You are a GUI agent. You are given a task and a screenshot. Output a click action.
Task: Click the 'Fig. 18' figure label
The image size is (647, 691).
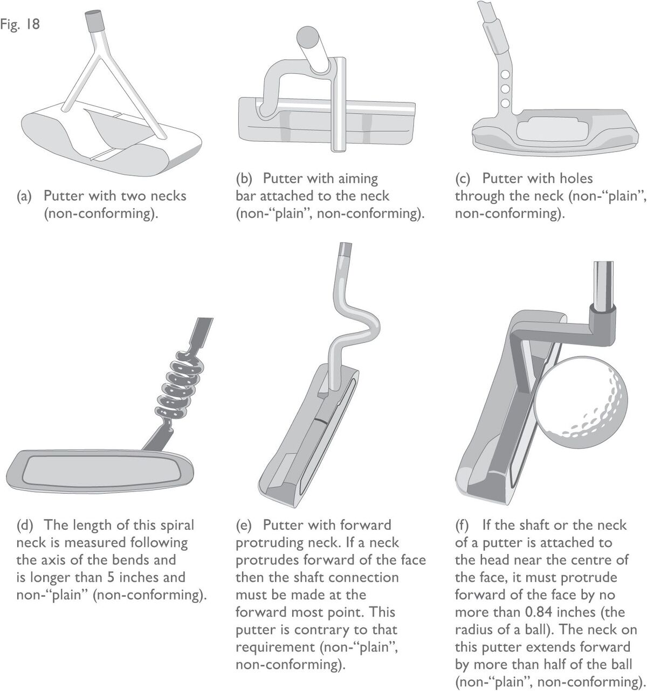tap(20, 24)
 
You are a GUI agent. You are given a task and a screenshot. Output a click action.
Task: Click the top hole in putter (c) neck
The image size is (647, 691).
tap(506, 74)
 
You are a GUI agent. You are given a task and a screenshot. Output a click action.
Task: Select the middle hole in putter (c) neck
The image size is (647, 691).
tap(505, 89)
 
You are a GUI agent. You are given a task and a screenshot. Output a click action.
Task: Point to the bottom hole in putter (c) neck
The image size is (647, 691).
tap(505, 103)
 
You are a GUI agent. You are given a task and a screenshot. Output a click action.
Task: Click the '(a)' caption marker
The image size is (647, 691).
tap(24, 196)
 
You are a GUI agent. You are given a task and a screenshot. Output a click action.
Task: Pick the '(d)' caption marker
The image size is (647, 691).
tap(24, 525)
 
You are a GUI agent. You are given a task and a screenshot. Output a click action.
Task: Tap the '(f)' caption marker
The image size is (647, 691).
tap(462, 525)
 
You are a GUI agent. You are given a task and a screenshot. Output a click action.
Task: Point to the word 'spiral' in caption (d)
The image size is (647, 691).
tap(176, 526)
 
